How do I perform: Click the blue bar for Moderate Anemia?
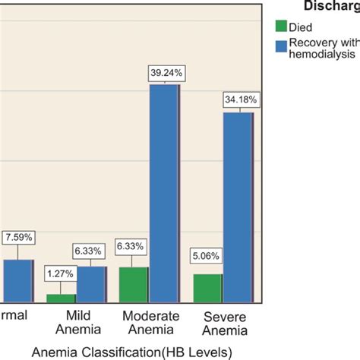(x=164, y=194)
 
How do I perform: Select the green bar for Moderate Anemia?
(x=134, y=285)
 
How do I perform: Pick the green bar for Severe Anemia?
(x=207, y=289)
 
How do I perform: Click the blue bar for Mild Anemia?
(x=91, y=285)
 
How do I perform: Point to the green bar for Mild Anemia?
(x=61, y=298)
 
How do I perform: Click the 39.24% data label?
(x=165, y=73)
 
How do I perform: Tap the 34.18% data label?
(x=239, y=99)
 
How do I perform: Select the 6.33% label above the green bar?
(x=133, y=247)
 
